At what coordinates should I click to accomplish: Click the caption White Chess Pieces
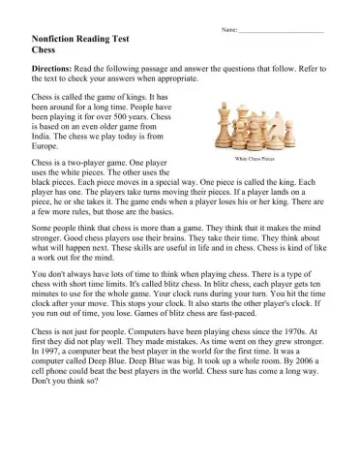(255, 158)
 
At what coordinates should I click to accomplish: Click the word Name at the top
(229, 31)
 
